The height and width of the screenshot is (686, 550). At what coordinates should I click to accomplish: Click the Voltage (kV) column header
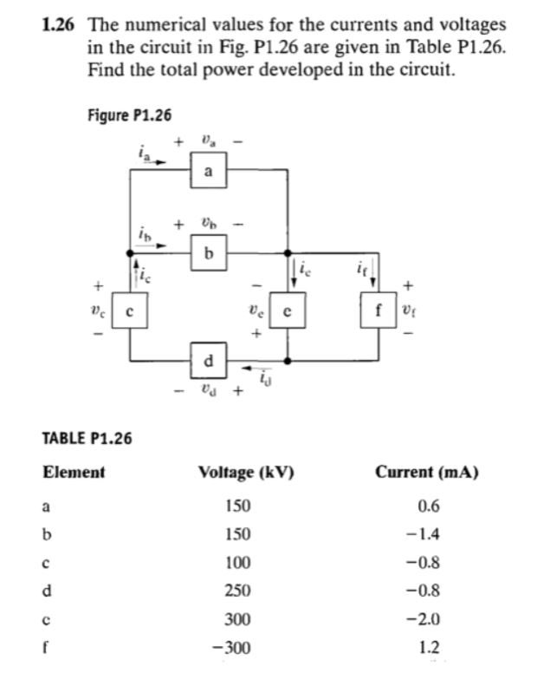pos(247,473)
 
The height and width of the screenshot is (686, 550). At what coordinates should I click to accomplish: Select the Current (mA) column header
pos(428,473)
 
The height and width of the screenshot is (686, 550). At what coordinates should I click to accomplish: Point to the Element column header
pos(74,473)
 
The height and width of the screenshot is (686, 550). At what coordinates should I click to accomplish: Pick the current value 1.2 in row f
pos(428,648)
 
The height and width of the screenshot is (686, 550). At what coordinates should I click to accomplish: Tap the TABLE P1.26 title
pos(87,438)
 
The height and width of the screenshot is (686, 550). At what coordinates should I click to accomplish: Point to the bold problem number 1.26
pos(56,26)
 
